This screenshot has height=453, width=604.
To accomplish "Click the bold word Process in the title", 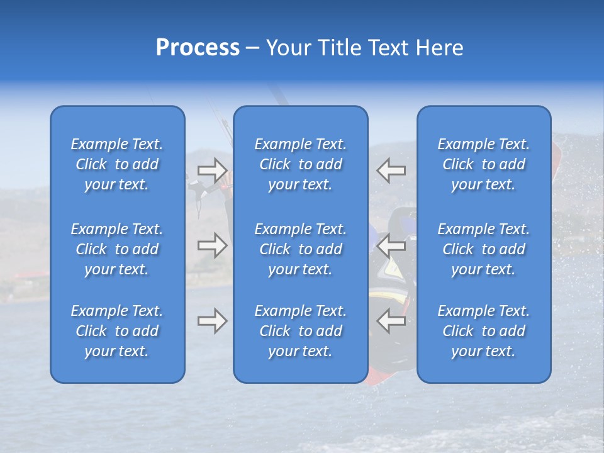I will point(198,48).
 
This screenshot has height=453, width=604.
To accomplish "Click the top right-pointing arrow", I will point(212,170).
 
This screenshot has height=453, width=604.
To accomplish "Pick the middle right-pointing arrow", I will point(212,245).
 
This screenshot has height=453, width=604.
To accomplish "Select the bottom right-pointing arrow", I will point(212,321).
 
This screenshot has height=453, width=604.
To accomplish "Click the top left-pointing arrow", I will point(391,170).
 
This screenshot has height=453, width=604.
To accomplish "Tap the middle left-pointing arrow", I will point(391,245).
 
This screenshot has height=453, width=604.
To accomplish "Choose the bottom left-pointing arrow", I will point(391,321).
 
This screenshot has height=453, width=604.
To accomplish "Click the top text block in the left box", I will point(117,164).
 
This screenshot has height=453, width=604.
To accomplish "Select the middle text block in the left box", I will point(117,249).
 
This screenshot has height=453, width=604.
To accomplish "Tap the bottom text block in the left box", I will point(117,331).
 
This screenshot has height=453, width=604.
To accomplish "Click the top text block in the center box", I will point(300,164).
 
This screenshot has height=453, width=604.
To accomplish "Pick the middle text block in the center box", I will point(300,249).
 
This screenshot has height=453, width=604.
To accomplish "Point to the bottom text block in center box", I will point(300,331).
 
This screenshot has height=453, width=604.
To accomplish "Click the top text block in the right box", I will point(484,164).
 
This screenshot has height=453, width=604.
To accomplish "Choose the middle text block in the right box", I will point(484,249).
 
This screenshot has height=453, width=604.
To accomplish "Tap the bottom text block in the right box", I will point(484,331).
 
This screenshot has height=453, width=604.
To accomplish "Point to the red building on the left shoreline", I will point(28,276).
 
